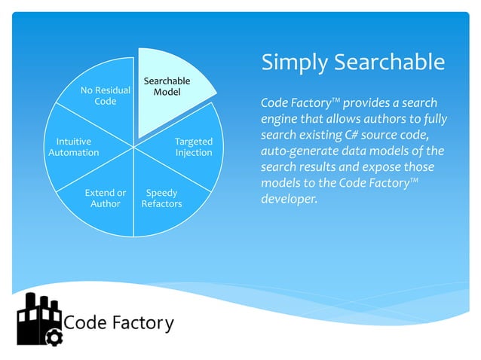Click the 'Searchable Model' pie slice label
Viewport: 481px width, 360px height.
tap(167, 87)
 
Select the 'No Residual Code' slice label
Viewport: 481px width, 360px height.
tap(105, 96)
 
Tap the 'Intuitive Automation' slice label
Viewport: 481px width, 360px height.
tap(74, 147)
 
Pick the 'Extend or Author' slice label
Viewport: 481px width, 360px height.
tap(105, 198)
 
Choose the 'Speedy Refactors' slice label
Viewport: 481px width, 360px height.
tap(161, 198)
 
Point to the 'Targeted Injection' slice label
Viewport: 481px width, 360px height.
tap(194, 147)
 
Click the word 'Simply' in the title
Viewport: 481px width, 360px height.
tap(294, 63)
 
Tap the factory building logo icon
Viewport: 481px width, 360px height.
tap(38, 319)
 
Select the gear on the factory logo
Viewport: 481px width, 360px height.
tap(54, 337)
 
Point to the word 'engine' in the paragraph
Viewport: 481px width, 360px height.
tap(280, 119)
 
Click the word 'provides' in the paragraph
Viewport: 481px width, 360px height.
tap(366, 102)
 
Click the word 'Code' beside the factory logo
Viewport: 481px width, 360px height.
tap(86, 323)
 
